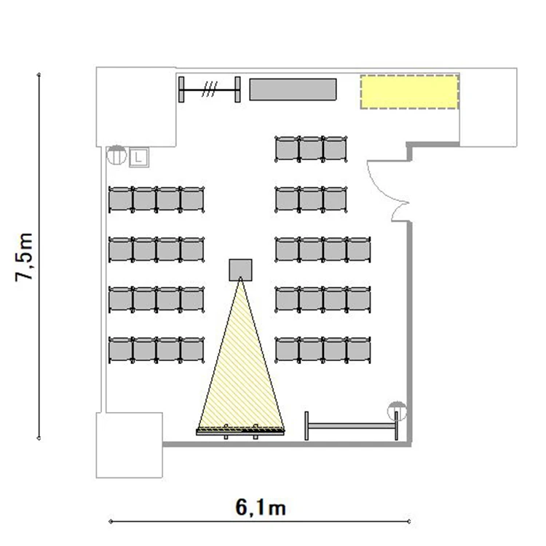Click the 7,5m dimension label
[24, 257]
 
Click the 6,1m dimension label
[261, 507]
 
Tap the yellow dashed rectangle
[409, 92]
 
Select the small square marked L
[139, 157]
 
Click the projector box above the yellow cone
[240, 270]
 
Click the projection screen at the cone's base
[240, 432]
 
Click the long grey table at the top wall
[293, 90]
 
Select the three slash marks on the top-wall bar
[210, 89]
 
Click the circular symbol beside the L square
[116, 155]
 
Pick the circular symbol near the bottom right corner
[397, 411]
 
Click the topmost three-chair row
[311, 149]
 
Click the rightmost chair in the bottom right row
[359, 350]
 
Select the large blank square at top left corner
[136, 106]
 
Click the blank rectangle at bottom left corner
[129, 445]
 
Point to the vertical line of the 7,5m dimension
[39, 256]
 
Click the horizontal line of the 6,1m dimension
[260, 521]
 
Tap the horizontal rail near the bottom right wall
[351, 426]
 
